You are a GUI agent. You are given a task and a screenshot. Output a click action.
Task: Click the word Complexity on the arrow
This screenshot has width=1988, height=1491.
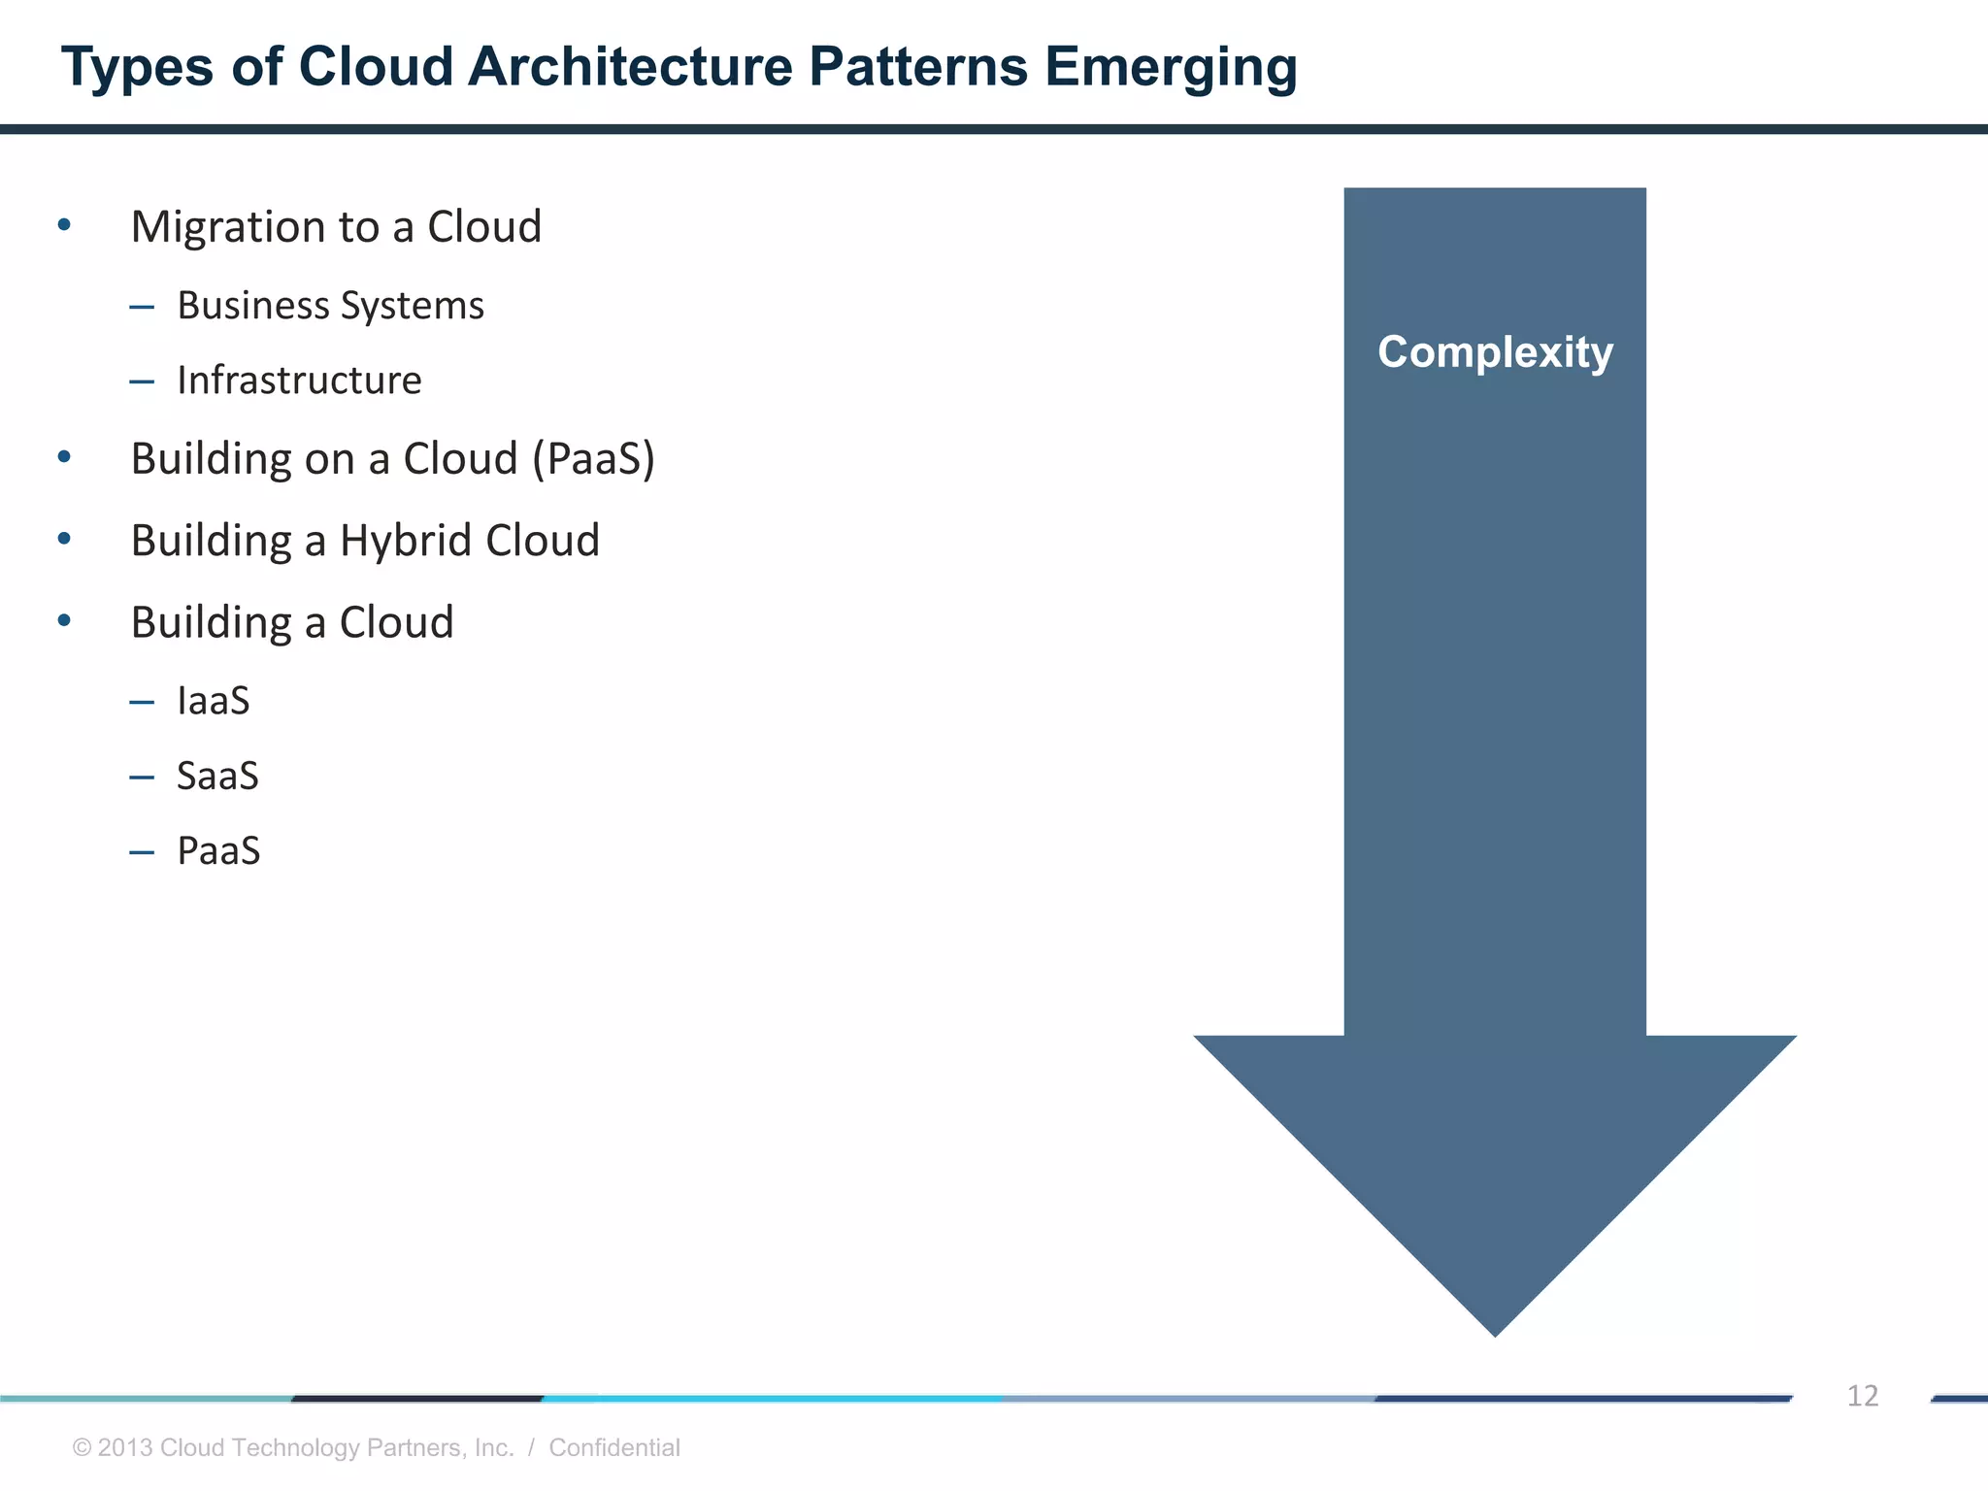point(1495,352)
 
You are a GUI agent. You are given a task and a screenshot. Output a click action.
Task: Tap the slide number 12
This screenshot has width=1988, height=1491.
point(1862,1396)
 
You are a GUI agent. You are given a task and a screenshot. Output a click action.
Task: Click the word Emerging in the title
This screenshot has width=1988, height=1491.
point(1171,68)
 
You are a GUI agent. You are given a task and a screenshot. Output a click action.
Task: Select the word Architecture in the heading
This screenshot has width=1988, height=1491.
point(630,68)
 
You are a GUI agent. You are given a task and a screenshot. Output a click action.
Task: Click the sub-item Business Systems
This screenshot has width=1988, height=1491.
point(330,306)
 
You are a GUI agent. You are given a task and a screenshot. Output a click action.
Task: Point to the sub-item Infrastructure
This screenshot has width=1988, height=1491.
point(299,381)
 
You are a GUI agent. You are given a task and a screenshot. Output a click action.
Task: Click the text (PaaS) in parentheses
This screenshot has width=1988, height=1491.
point(593,459)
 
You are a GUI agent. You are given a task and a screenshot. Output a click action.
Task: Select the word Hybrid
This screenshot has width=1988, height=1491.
point(406,541)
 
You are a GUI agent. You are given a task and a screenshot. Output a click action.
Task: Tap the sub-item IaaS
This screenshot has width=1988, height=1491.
point(214,701)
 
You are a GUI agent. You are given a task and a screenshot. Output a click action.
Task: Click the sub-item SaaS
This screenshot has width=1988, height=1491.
point(217,777)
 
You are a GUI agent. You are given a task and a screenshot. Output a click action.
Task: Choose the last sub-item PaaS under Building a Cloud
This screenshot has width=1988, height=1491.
point(218,851)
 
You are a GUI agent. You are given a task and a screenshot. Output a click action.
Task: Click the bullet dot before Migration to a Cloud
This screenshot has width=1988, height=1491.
point(64,226)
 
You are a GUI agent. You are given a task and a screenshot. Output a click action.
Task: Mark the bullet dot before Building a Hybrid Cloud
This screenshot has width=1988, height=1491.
point(64,539)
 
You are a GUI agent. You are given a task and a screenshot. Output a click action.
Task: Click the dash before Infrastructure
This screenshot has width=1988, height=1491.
point(142,381)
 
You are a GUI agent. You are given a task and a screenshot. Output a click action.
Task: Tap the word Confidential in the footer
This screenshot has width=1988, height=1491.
point(613,1447)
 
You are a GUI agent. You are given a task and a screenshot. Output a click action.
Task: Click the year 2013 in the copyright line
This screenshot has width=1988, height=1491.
point(125,1447)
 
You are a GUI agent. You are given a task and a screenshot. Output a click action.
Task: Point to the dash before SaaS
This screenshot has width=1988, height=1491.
point(142,777)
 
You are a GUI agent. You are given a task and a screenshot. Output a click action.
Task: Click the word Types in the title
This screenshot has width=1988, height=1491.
point(137,68)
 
